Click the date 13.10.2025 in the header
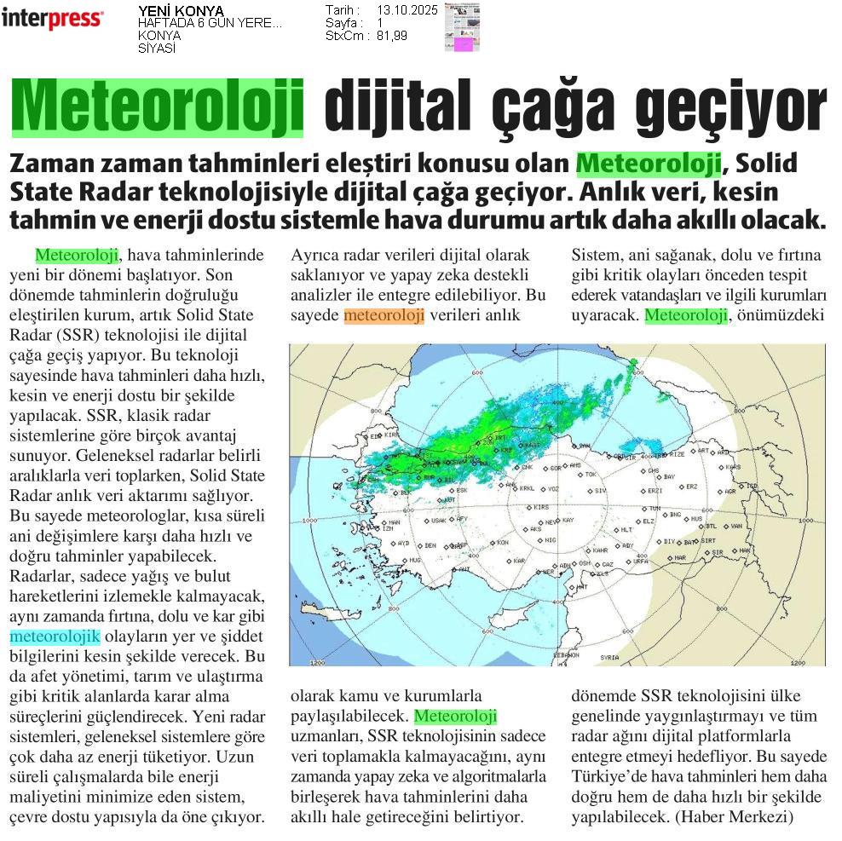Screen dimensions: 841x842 [x=407, y=10]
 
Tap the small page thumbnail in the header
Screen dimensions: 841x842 [x=462, y=27]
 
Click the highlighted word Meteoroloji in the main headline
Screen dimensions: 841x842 [x=158, y=107]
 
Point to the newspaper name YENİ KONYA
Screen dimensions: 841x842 [x=181, y=11]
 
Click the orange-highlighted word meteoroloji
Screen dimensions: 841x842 [x=384, y=315]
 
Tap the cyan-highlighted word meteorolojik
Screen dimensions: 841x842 [x=55, y=637]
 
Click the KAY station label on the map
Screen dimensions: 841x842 [x=568, y=520]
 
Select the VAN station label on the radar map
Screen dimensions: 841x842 [x=736, y=526]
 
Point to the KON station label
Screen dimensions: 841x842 [x=503, y=543]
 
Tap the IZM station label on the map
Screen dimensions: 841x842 [x=387, y=528]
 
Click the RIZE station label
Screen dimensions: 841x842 [x=678, y=454]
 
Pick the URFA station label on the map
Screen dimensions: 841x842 [x=641, y=562]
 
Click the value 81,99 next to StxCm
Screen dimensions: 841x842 [x=391, y=36]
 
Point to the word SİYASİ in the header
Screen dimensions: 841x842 [x=157, y=48]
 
